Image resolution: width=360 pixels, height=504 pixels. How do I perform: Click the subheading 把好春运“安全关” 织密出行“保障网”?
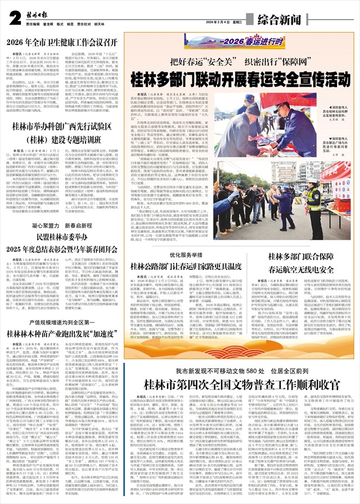pos(235,62)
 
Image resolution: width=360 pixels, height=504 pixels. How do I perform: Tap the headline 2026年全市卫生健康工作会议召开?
pos(62,42)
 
